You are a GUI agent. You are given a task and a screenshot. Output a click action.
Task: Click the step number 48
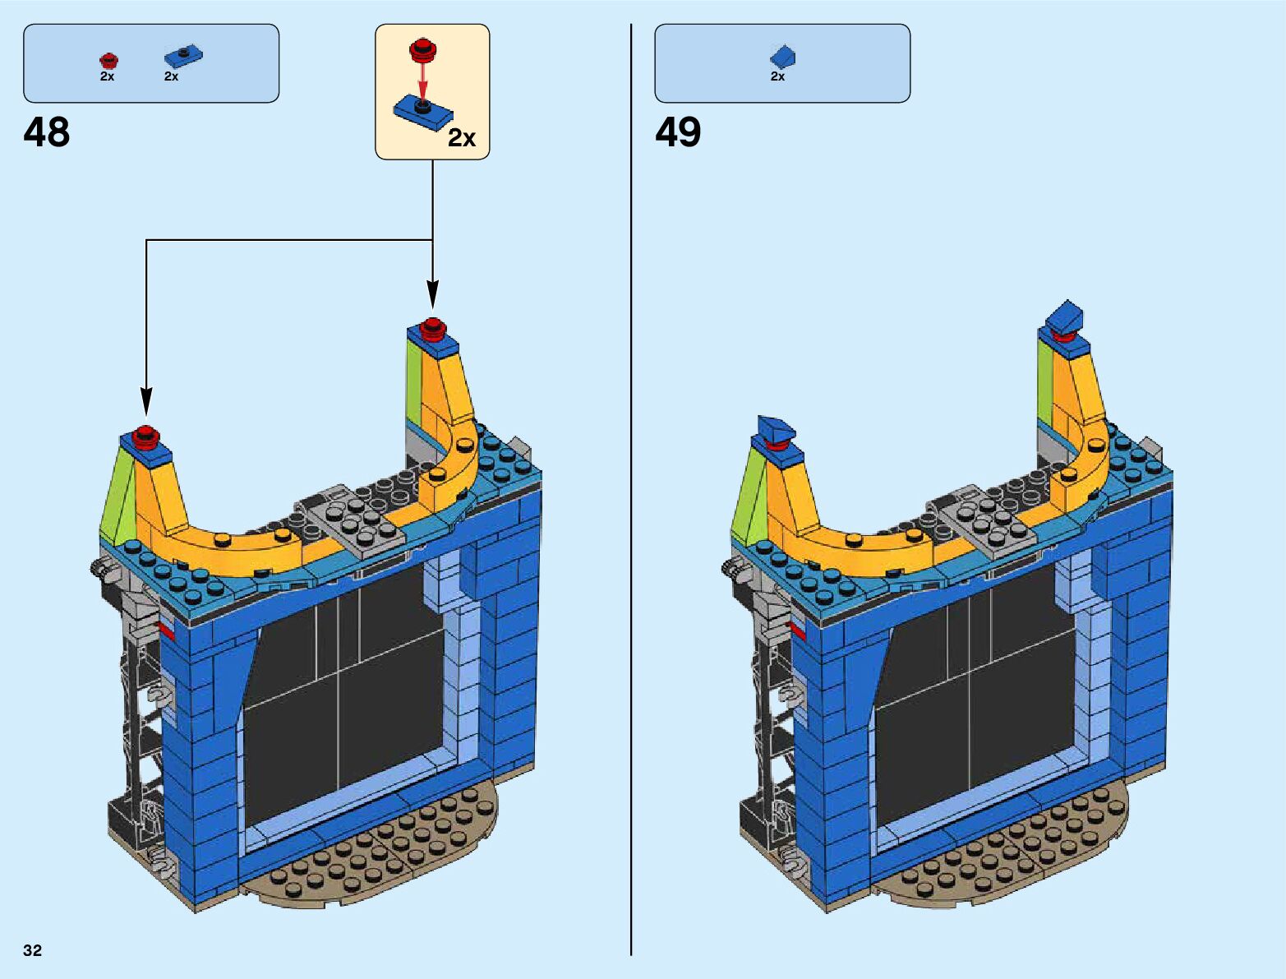[x=47, y=133]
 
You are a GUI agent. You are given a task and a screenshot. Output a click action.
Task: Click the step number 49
[x=678, y=133]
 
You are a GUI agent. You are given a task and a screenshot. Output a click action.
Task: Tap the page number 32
[x=33, y=950]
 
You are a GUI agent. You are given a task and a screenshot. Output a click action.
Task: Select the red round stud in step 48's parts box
[x=108, y=60]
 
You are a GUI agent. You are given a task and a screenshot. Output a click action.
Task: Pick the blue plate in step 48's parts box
[x=183, y=57]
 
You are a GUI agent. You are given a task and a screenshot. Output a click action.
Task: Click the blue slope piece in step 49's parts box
[x=783, y=56]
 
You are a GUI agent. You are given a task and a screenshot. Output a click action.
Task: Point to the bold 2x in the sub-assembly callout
[x=462, y=138]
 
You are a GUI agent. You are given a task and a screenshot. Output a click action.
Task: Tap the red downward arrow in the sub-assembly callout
[x=423, y=83]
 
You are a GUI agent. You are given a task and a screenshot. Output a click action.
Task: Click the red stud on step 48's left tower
[x=146, y=436]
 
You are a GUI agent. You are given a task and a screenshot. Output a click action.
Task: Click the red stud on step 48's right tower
[x=432, y=327]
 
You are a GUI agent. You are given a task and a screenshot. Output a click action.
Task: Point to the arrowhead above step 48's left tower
[x=146, y=402]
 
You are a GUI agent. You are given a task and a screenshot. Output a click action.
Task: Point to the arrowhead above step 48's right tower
[x=432, y=294]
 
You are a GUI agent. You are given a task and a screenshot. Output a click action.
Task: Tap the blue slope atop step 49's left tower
[x=777, y=429]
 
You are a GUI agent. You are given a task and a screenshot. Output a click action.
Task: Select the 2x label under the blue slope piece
[x=777, y=76]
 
